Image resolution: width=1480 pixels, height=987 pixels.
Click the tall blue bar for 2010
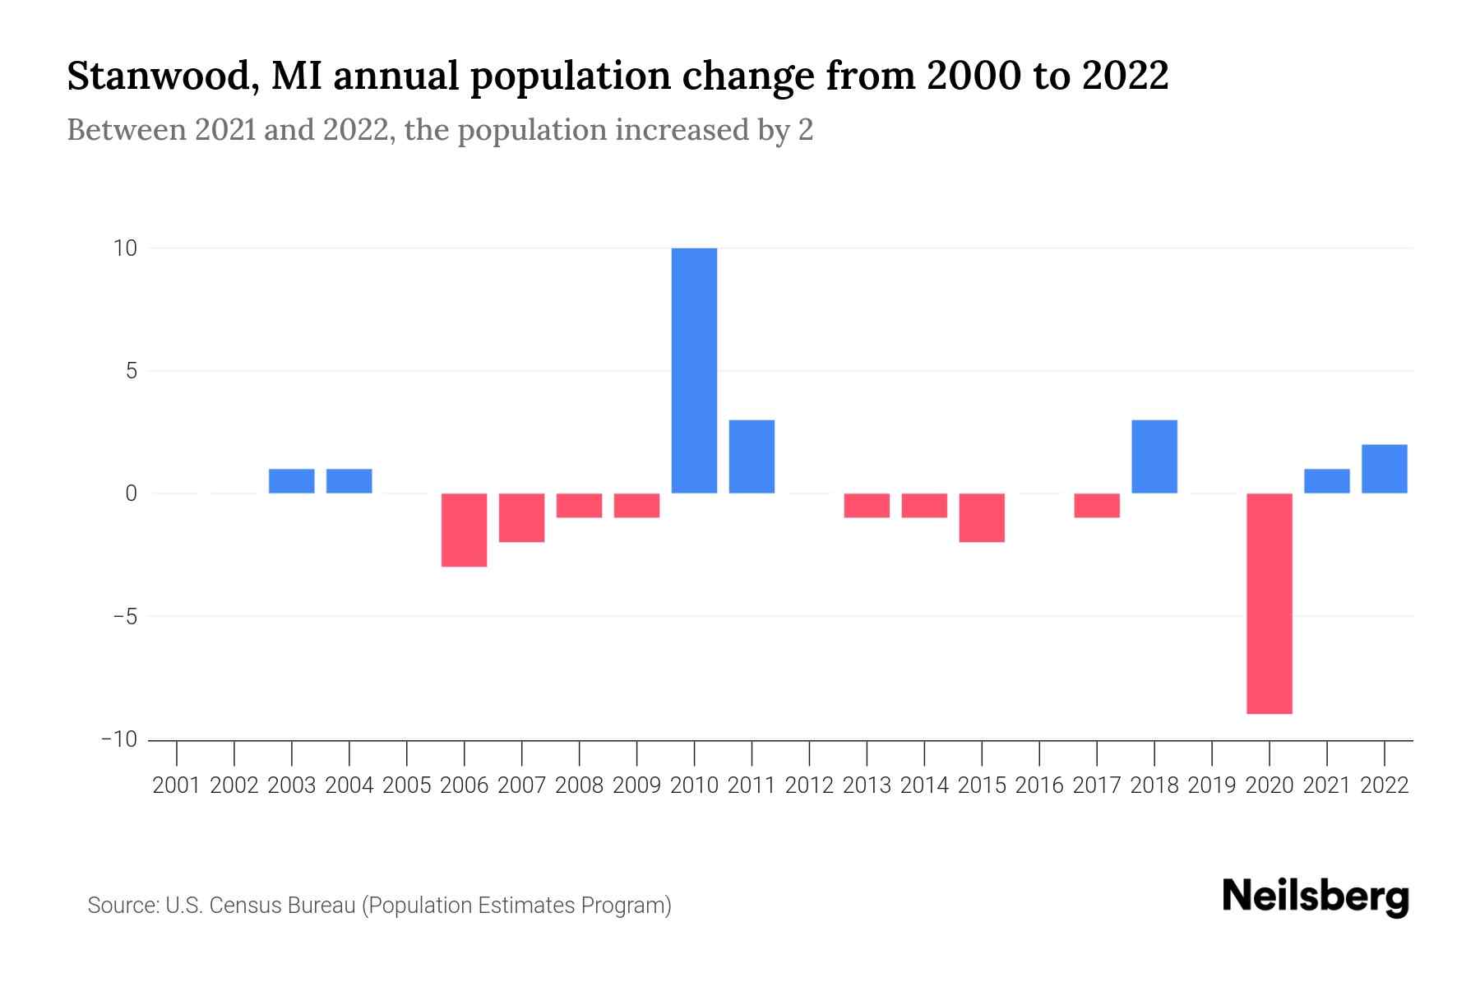(694, 370)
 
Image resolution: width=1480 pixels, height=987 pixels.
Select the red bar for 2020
(1269, 603)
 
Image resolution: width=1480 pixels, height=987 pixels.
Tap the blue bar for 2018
(1154, 456)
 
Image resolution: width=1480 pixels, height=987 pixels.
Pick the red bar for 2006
(465, 530)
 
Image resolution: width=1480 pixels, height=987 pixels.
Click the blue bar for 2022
(1384, 469)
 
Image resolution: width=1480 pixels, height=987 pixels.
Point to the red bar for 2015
(982, 517)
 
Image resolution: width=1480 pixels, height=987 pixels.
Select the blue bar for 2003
(292, 481)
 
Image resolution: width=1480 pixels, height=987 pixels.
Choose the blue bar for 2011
(752, 456)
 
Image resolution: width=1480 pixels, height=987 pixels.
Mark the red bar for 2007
(522, 517)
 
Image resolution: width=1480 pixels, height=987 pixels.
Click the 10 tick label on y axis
(125, 248)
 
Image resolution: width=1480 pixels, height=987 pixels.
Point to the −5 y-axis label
(119, 617)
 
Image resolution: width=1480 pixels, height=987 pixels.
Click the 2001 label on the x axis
(177, 785)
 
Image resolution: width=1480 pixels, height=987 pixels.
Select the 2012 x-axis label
(809, 785)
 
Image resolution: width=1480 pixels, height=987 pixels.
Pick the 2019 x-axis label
(1212, 785)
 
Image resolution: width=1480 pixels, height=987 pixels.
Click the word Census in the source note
(243, 906)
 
